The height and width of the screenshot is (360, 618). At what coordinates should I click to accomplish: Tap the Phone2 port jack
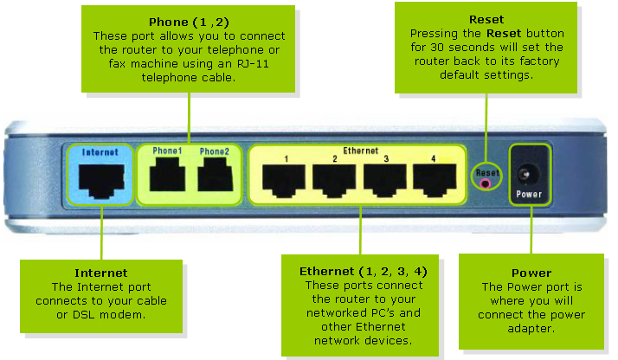click(x=214, y=177)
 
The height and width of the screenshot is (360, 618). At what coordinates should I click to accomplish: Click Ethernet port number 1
click(x=284, y=179)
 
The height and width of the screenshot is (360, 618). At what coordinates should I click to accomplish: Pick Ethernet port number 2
click(x=334, y=179)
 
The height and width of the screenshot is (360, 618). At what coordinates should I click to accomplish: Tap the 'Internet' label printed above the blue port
click(x=100, y=151)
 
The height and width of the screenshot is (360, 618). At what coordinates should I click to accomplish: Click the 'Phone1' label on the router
click(x=167, y=151)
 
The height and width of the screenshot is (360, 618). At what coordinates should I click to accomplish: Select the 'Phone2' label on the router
click(x=214, y=151)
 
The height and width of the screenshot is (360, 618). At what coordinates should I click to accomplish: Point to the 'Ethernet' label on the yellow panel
click(x=361, y=150)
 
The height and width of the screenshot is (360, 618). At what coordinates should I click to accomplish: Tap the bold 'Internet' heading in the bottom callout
click(x=101, y=273)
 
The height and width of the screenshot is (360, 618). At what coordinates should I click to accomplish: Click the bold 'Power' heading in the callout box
click(x=531, y=273)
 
